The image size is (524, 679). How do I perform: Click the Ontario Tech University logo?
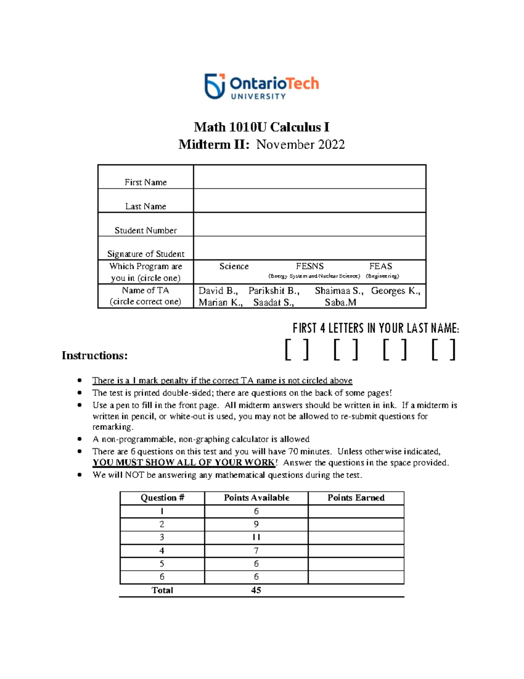262,86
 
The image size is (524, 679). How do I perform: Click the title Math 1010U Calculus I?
262,127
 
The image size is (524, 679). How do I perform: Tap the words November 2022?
300,145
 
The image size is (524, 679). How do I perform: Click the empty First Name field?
309,177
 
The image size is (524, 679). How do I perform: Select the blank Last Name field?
309,201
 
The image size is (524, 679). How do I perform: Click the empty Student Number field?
309,225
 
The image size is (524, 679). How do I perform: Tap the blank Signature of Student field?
309,248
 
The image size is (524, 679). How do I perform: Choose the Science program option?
234,266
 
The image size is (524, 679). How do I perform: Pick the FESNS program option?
310,266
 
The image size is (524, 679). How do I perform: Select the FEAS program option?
380,266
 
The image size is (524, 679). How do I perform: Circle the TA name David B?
218,291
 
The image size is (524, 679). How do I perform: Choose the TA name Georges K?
395,291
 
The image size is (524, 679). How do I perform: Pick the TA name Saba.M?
340,303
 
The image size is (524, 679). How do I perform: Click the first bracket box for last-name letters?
297,350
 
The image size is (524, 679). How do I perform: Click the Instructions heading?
94,355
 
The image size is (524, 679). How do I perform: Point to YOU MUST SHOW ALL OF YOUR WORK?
184,463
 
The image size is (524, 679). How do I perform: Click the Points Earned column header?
356,498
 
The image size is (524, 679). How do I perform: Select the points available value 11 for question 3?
256,537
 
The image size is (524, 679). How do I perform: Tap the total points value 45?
256,590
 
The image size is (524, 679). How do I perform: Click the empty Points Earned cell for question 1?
356,512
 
